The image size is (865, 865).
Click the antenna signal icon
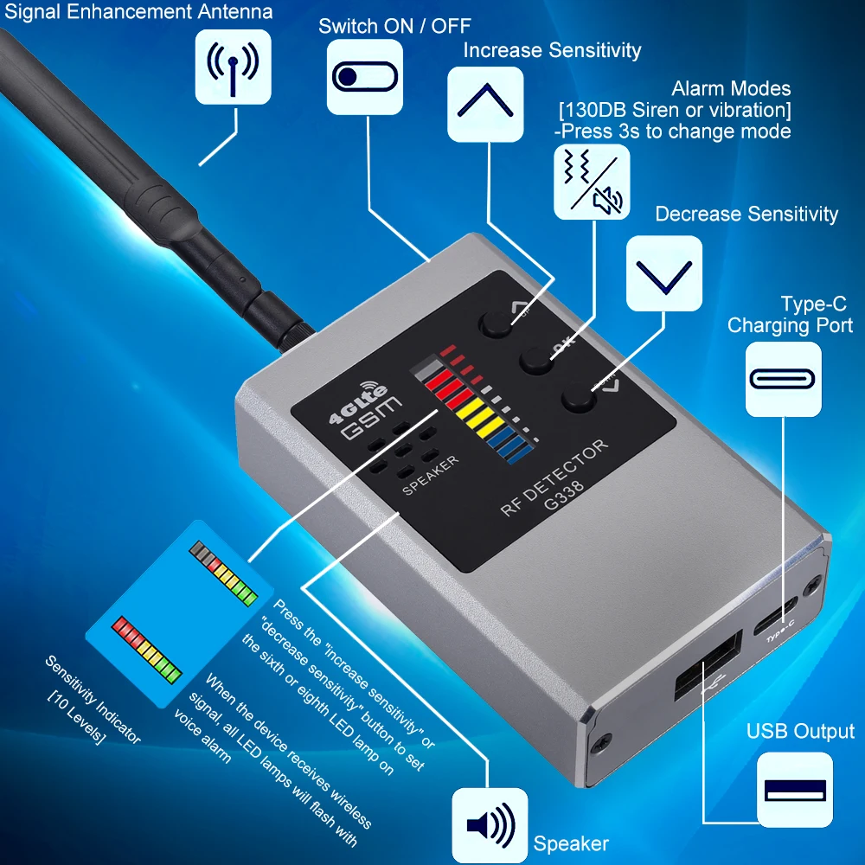233,67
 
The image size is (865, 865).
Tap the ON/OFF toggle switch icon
365,77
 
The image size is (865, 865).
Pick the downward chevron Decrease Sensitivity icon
664,273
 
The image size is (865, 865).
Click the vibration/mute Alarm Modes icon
592,182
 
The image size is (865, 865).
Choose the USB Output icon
795,790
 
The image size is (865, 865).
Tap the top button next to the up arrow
497,324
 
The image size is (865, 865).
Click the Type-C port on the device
776,615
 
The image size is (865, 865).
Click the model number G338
563,496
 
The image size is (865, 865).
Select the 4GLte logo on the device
358,402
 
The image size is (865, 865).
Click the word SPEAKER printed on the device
430,475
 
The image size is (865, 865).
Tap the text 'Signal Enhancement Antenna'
138,11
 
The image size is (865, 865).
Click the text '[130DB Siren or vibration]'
675,110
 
